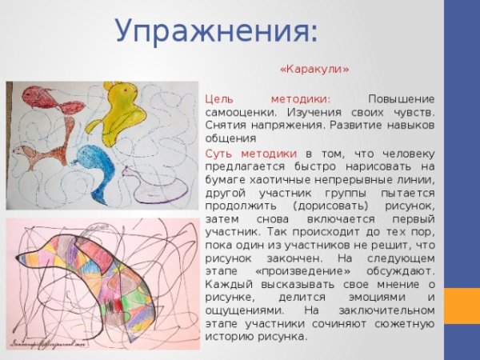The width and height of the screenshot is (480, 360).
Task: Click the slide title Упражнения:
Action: pos(216,31)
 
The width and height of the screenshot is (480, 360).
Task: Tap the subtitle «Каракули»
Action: pos(314,69)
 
